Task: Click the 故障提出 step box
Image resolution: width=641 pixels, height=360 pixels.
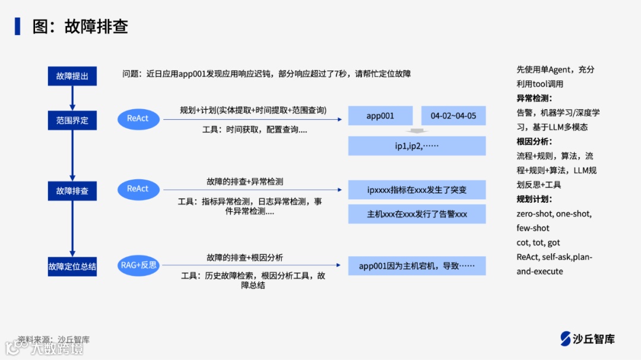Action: [72, 76]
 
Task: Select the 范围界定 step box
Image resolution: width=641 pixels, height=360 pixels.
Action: [72, 120]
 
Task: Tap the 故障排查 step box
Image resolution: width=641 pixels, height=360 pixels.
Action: [72, 191]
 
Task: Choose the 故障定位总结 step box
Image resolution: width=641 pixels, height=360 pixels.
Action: [72, 266]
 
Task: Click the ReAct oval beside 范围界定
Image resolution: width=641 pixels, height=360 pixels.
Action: [138, 119]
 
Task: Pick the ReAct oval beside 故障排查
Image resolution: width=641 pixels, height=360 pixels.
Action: [138, 189]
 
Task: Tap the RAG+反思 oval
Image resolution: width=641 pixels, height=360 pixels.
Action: [139, 265]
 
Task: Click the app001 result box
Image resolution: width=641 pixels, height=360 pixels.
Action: [380, 116]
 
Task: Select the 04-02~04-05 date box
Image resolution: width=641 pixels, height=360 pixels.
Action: [453, 116]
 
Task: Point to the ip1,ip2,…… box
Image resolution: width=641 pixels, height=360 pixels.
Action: [417, 145]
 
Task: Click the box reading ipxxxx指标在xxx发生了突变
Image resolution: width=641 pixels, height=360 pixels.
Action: [417, 190]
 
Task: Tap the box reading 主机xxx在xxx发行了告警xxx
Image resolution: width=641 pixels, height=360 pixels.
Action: [417, 214]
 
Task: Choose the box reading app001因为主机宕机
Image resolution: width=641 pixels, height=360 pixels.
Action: [417, 266]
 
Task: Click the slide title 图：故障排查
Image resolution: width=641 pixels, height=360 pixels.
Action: [80, 27]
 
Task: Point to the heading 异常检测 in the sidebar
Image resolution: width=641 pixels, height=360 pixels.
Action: [534, 98]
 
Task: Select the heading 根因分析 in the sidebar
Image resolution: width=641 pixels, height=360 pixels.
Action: [534, 141]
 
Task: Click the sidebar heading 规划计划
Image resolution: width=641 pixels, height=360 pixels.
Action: [534, 199]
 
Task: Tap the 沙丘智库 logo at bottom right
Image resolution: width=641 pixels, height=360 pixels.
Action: [587, 339]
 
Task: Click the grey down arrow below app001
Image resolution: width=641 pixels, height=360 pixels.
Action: [417, 131]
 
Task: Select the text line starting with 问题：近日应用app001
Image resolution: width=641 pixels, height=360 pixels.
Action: [266, 74]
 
